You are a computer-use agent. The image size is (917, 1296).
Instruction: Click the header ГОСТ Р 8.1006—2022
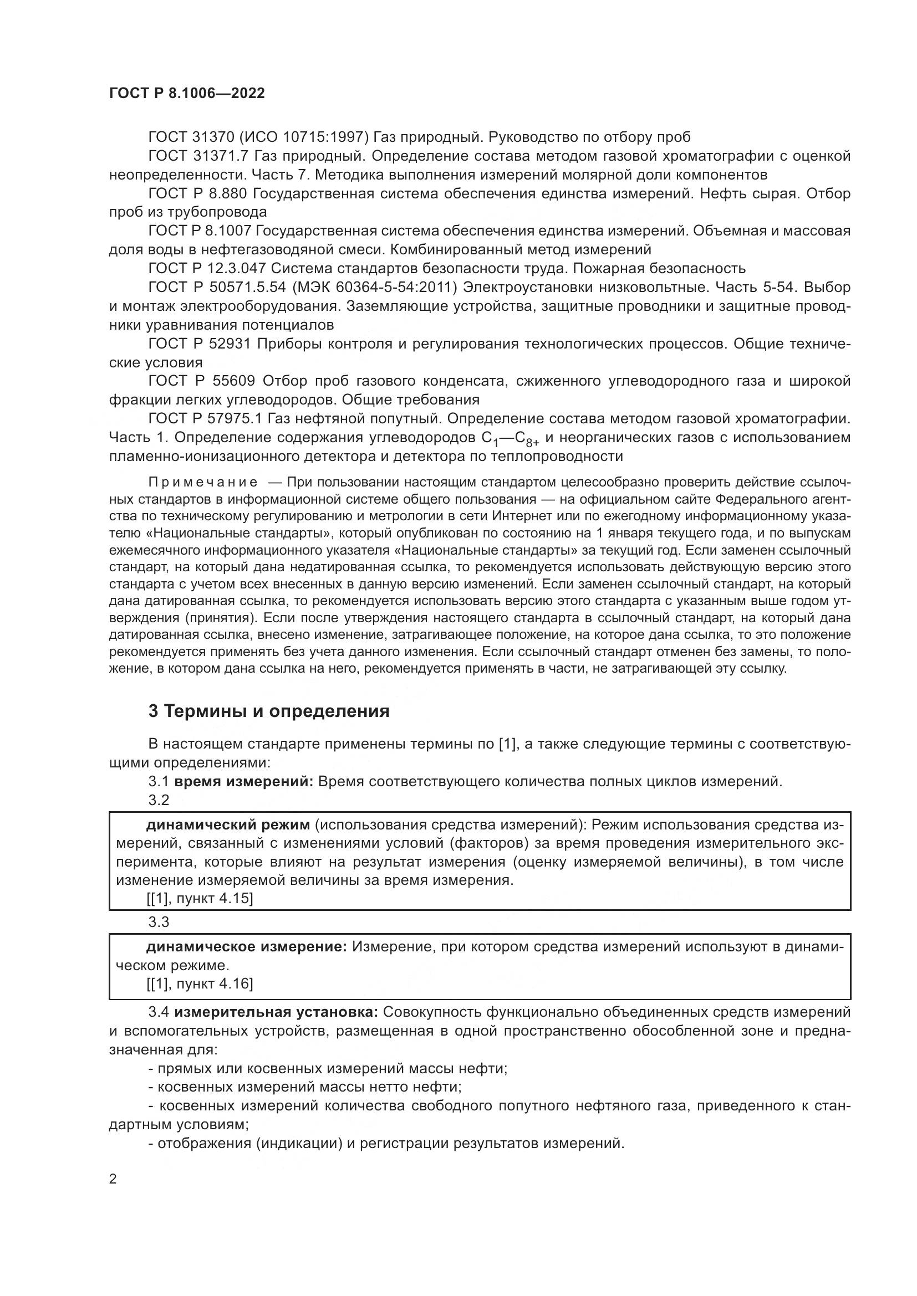(187, 94)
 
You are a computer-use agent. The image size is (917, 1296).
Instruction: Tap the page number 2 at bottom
(113, 1179)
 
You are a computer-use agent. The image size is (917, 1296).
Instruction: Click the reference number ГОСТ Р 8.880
(197, 193)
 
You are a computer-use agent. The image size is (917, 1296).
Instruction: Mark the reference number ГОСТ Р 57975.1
(206, 419)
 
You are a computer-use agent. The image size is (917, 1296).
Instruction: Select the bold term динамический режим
(228, 824)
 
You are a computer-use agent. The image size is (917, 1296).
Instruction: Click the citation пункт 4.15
(214, 898)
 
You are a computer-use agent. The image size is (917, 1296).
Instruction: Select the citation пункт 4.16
(214, 984)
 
